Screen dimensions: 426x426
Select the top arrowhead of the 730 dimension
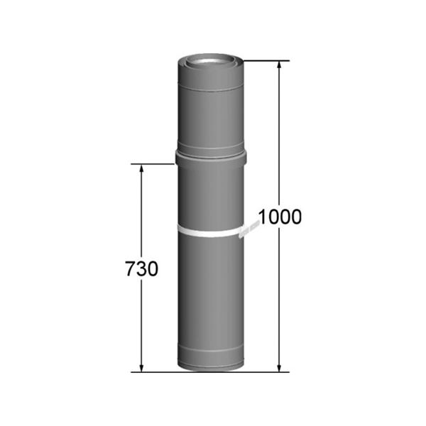(x=141, y=169)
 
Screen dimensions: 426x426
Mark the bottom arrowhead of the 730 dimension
(x=141, y=366)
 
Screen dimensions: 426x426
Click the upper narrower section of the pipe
(x=209, y=114)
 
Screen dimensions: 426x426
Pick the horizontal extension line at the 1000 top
(x=266, y=61)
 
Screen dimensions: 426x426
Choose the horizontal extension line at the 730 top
(x=153, y=164)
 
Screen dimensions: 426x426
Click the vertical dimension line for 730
(x=141, y=213)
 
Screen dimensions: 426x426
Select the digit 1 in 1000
(x=261, y=217)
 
